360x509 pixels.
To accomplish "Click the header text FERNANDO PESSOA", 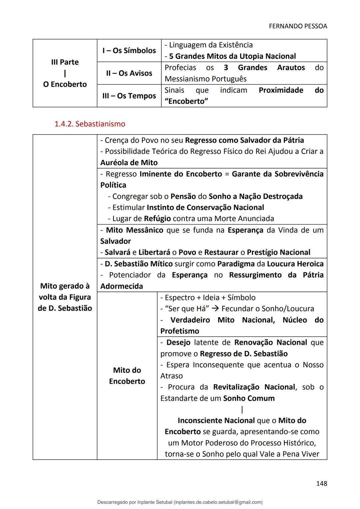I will coord(298,26).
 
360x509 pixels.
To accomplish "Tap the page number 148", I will coord(321,483).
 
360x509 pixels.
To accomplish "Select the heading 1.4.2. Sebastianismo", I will coord(90,124).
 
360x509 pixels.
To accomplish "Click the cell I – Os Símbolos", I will coord(129,51).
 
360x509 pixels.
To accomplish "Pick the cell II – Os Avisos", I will coord(129,73).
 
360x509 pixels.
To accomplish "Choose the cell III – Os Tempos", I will coord(129,96).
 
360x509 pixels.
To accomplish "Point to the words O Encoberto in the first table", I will coord(65,84).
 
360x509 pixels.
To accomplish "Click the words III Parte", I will coord(65,62).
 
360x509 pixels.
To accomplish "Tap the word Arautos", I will coord(291,68).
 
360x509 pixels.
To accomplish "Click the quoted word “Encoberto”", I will coord(186,101).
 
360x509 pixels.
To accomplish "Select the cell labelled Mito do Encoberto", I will coord(127,376).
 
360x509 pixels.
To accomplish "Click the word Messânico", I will coord(144,230).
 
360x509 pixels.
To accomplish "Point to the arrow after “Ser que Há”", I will coord(216,309).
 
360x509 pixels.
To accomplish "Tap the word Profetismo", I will coord(180,331).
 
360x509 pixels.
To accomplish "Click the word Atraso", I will coord(171,376).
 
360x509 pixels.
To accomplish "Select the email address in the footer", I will coord(218,502).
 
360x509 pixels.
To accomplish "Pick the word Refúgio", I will coord(157,219).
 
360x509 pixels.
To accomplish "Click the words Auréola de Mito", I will coord(129,163).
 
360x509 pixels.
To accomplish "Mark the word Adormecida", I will coord(122,286).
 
